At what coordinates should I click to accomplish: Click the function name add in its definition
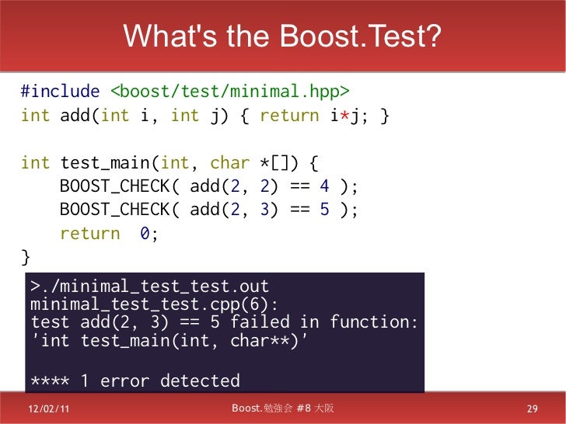click(75, 116)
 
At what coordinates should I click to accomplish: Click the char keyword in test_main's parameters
click(230, 163)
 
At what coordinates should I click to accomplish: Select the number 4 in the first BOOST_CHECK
click(325, 186)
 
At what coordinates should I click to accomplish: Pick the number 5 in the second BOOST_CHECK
click(325, 210)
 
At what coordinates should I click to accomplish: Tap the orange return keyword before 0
click(90, 234)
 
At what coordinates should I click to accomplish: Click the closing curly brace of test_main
click(26, 256)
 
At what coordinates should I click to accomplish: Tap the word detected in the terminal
click(201, 381)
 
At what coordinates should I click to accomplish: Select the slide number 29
click(533, 409)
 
